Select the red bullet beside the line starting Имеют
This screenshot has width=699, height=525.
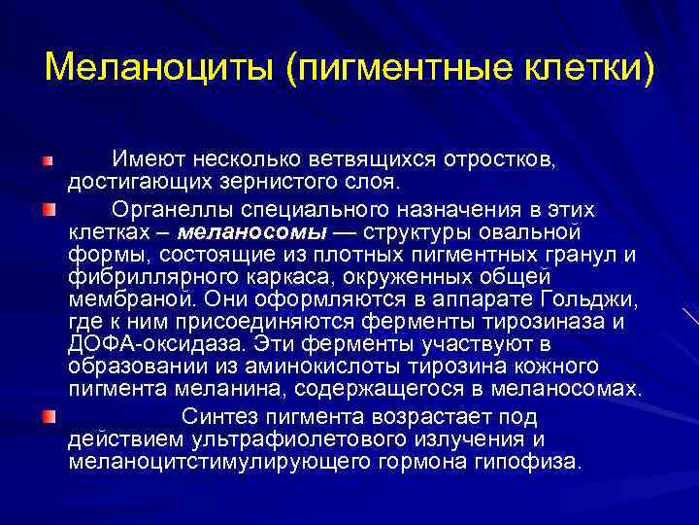(x=48, y=157)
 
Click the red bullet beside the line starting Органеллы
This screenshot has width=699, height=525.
(x=48, y=209)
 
